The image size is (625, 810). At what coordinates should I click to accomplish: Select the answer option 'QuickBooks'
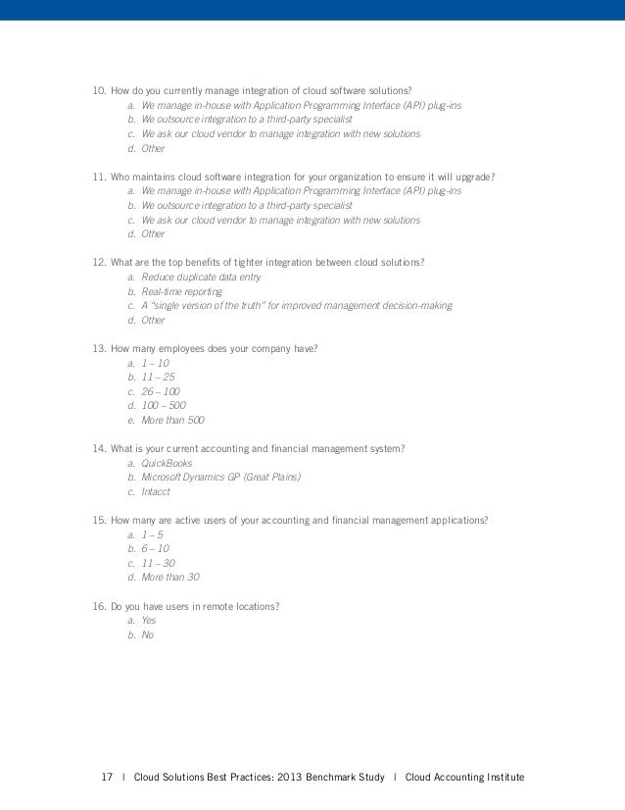(167, 463)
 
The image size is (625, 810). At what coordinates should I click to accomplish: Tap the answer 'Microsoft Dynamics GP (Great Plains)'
(220, 477)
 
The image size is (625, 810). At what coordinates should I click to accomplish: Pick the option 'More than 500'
(172, 420)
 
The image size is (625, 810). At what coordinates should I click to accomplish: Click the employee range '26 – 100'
(162, 390)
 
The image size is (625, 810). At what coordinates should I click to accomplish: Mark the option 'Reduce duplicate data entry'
(200, 278)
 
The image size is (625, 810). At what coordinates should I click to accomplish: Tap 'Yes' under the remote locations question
(149, 620)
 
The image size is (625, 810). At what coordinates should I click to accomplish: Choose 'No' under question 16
(147, 634)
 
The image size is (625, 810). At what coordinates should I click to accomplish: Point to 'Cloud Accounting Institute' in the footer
(464, 778)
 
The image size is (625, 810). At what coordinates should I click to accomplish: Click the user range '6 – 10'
(155, 548)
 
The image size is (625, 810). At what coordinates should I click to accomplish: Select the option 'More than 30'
(170, 577)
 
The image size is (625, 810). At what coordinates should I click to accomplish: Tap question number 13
(99, 348)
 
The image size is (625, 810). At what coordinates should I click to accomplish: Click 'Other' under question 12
(153, 320)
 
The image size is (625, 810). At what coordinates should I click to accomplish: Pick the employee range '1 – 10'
(156, 363)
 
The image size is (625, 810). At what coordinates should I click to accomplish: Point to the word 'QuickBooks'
(167, 463)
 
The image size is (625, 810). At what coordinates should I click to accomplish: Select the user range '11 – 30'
(158, 563)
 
